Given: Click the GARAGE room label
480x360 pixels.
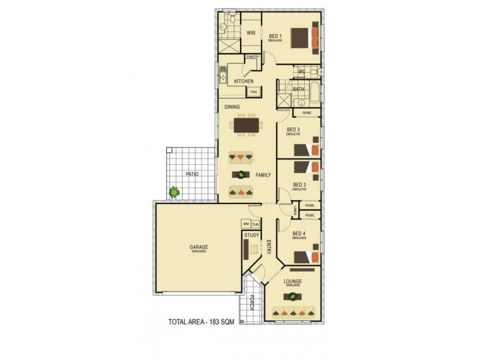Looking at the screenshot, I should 199,247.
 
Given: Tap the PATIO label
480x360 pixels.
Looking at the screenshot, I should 192,174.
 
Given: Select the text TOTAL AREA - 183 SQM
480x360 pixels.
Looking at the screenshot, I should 201,322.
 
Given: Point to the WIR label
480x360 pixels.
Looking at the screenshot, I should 251,33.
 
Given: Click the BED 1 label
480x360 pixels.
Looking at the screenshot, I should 275,35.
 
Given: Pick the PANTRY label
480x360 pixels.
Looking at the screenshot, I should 253,57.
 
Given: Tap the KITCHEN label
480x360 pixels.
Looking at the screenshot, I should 244,81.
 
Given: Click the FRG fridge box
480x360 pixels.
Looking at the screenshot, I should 253,92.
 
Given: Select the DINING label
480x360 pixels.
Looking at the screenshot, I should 232,107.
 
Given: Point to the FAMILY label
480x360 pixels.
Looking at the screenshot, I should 263,175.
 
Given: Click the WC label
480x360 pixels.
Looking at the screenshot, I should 302,72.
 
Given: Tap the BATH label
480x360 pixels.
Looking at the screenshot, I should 299,89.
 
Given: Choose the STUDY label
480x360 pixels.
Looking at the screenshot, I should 251,235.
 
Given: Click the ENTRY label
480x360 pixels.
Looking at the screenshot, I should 269,247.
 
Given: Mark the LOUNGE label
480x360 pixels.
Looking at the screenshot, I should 293,281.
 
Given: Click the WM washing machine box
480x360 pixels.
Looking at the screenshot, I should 246,224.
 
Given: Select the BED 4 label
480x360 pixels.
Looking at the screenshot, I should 299,233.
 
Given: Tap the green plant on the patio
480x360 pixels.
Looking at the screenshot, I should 174,192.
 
